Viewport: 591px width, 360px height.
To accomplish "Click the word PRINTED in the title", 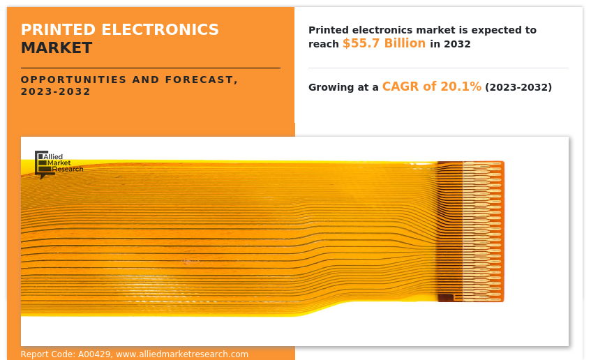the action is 59,30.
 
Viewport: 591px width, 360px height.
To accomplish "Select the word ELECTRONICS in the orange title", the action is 160,30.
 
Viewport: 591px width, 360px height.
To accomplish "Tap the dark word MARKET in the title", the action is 57,48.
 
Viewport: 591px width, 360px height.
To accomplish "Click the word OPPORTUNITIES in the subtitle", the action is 73,80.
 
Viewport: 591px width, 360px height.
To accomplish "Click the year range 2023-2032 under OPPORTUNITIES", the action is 56,91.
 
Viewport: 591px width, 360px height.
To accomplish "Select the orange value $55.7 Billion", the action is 384,43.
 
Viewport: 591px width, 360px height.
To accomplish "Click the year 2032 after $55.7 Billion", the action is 457,44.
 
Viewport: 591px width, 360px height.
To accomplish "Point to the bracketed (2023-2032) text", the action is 518,87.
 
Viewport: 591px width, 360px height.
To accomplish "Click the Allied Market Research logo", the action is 59,164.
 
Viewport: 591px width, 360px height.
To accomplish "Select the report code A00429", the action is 94,354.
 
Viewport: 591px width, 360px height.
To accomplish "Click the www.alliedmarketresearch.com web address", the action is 182,354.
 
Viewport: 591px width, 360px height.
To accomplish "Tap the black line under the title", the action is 151,68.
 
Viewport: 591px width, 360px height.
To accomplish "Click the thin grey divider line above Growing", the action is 438,68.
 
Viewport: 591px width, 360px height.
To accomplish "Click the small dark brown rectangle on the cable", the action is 446,298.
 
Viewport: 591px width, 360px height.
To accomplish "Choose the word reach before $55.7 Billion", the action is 324,44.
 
